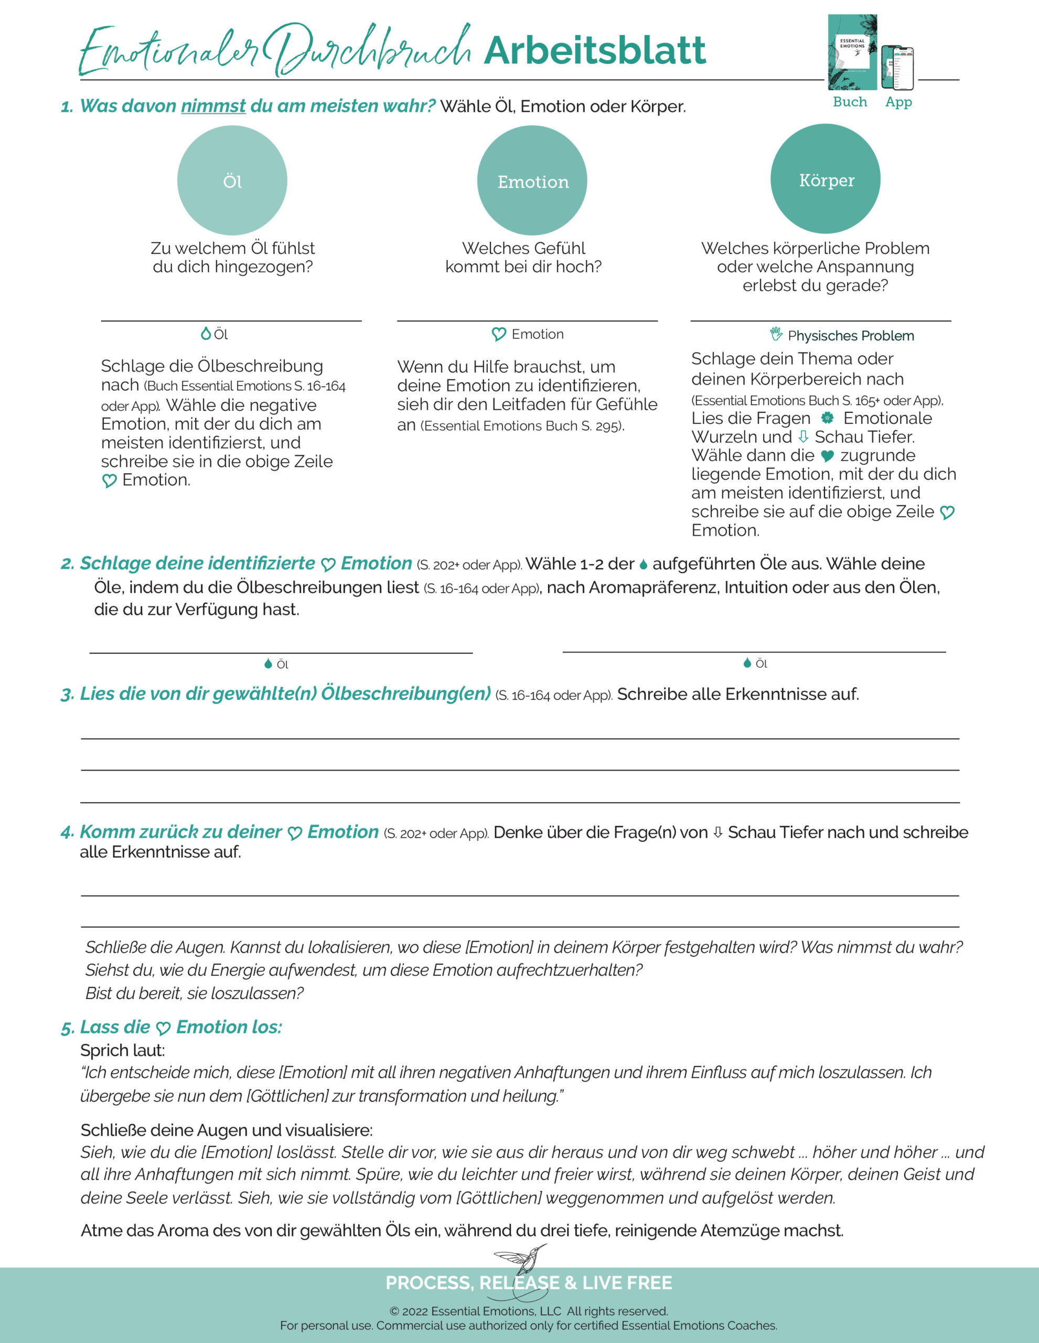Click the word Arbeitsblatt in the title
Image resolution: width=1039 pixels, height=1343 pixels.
coord(595,51)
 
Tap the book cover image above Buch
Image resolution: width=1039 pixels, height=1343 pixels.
coord(852,52)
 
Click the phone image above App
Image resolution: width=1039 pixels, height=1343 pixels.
coord(897,68)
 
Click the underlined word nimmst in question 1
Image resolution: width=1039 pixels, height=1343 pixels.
coord(213,106)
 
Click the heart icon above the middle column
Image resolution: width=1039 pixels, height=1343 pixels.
coord(499,334)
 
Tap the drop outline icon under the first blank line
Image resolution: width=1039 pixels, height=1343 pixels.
coord(206,333)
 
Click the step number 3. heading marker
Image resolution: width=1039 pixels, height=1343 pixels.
coord(67,695)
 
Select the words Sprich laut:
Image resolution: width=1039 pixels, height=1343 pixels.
coord(122,1050)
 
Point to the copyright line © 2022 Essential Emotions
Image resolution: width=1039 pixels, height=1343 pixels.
coord(528,1311)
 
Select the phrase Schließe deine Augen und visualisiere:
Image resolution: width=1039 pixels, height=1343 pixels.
coord(226,1129)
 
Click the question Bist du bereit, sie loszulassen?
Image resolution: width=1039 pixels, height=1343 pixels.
coord(194,993)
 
